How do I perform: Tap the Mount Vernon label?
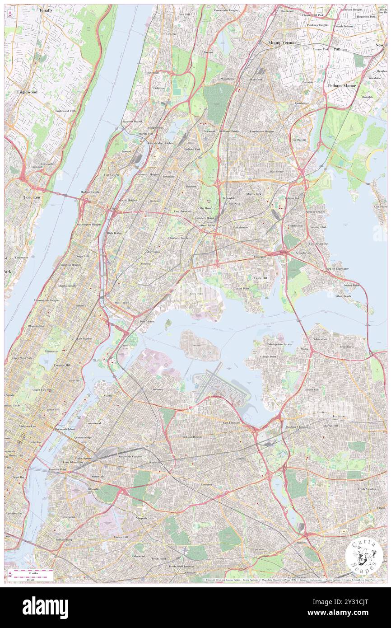[282, 42]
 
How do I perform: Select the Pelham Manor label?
[342, 85]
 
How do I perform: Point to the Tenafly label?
[46, 10]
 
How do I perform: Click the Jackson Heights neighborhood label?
[192, 437]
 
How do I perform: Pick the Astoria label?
[107, 395]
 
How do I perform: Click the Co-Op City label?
[299, 140]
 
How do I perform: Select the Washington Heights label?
[88, 225]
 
